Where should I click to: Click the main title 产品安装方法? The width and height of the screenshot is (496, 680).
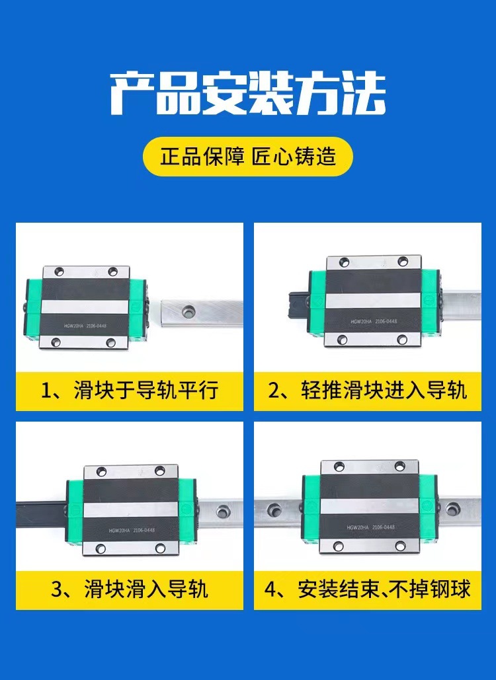(247, 94)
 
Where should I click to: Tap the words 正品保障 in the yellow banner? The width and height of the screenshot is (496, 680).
(202, 157)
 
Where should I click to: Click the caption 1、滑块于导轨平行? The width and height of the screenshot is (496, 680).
(130, 390)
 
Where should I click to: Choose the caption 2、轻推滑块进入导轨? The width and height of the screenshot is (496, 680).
(368, 390)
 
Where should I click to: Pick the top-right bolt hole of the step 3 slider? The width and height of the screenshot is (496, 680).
(159, 471)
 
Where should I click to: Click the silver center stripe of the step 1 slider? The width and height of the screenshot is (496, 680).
(87, 308)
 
